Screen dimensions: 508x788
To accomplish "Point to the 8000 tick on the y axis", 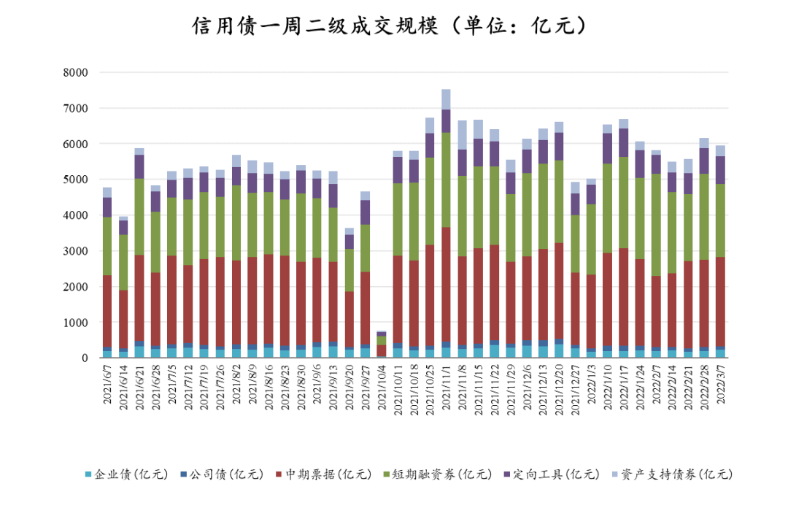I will pyautogui.click(x=76, y=73).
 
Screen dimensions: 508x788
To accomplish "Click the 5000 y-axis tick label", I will pyautogui.click(x=76, y=180).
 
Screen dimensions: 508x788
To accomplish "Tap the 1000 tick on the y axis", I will pyautogui.click(x=76, y=323).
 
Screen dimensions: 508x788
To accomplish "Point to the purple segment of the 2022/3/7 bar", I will pyautogui.click(x=720, y=169).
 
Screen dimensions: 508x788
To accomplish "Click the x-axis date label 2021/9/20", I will pyautogui.click(x=349, y=387).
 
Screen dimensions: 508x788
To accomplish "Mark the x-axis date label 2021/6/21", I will pyautogui.click(x=139, y=387).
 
